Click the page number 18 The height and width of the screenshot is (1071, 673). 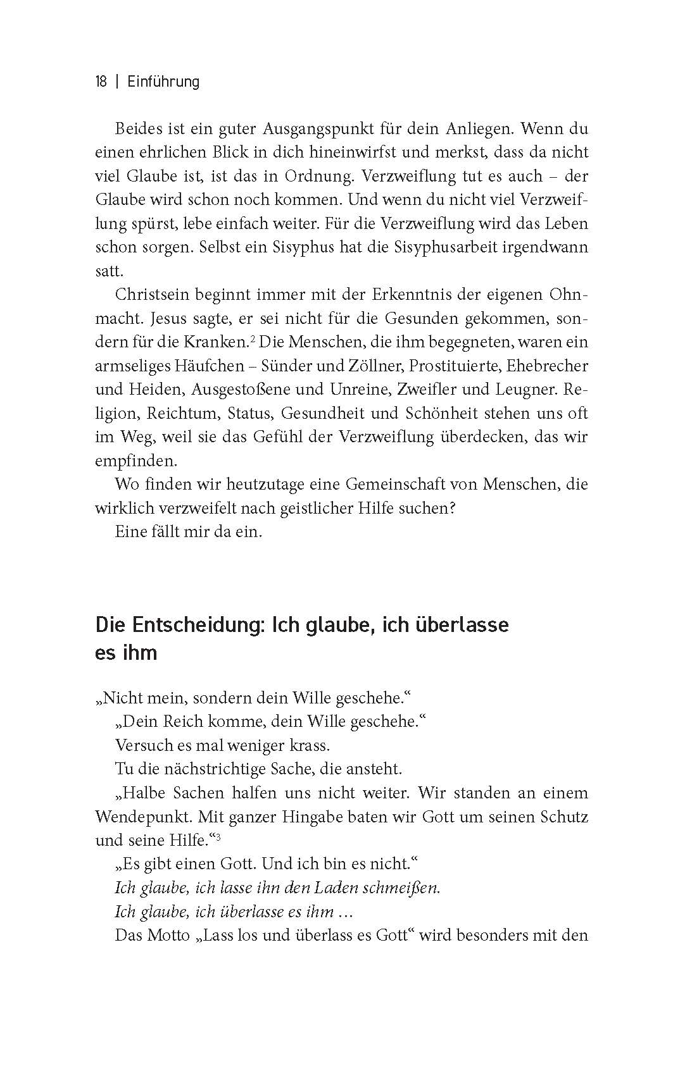click(x=101, y=82)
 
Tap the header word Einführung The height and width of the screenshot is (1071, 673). click(x=163, y=82)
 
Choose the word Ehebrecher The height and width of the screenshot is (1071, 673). click(x=551, y=366)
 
